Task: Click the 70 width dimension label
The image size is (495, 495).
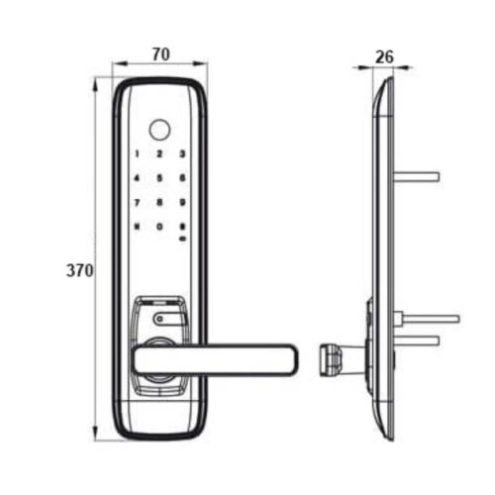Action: (x=160, y=54)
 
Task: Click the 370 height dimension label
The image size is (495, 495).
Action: (x=80, y=270)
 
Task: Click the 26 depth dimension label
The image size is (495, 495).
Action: (x=385, y=57)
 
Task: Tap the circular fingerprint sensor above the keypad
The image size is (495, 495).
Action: (x=160, y=130)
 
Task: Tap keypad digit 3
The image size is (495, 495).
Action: (x=182, y=153)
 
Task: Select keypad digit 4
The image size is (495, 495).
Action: (x=137, y=178)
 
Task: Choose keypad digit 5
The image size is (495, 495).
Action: (x=159, y=178)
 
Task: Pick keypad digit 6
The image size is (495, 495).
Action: (x=182, y=178)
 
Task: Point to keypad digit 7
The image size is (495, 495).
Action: (x=137, y=202)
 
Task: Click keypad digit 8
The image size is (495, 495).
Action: (x=159, y=202)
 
